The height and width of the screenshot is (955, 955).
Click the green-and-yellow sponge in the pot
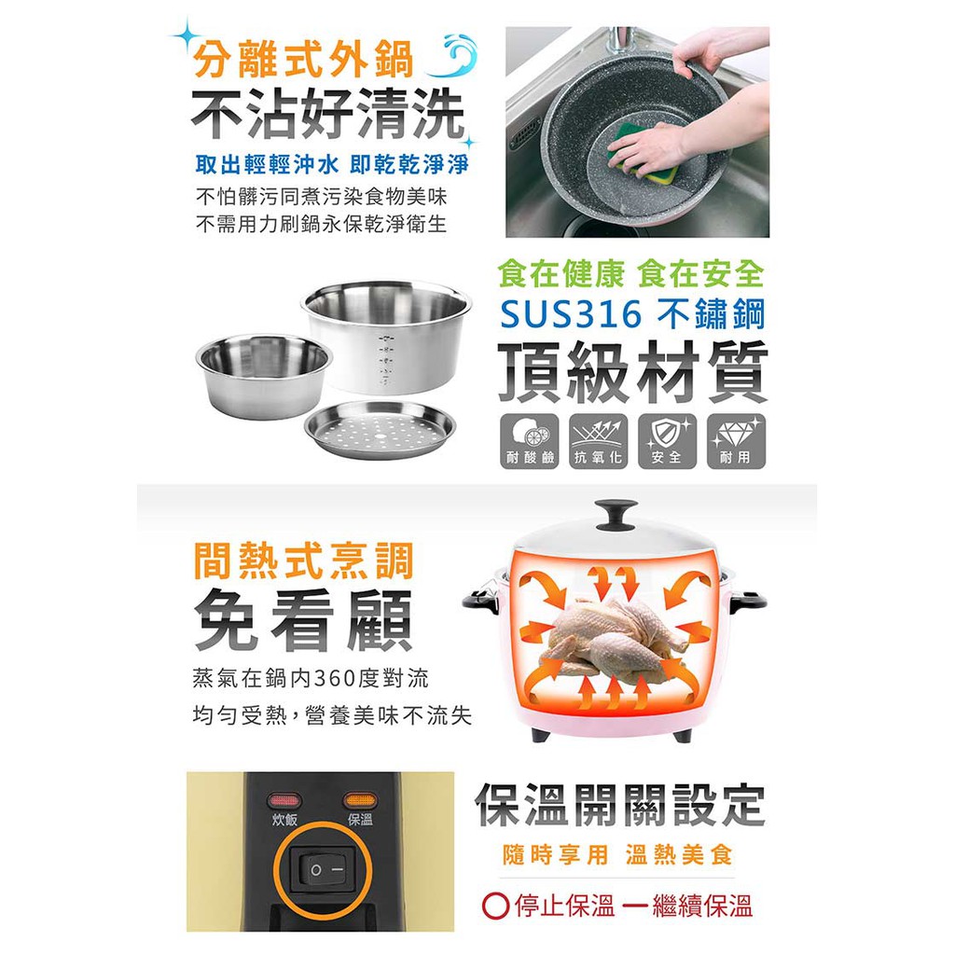point(642,157)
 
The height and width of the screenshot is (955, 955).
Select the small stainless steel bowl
point(264,375)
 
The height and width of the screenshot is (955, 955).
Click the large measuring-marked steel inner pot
point(387,336)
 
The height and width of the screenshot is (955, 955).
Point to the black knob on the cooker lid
point(616,515)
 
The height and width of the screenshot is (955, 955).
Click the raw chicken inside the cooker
point(613,635)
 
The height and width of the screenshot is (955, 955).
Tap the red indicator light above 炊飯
point(284,800)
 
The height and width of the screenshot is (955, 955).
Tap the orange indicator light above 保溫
point(360,800)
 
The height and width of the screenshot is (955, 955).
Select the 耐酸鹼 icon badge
point(530,441)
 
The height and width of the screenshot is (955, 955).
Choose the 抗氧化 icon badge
point(599,441)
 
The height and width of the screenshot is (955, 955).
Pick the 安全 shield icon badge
point(668,441)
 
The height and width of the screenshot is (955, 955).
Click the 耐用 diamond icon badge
point(737,441)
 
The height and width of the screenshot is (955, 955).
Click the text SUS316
point(571,315)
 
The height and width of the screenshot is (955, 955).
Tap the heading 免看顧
point(303,620)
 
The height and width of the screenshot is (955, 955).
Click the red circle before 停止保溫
point(495,906)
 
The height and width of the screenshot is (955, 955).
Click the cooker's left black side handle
point(481,600)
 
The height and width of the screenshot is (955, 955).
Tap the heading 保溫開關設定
point(619,805)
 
